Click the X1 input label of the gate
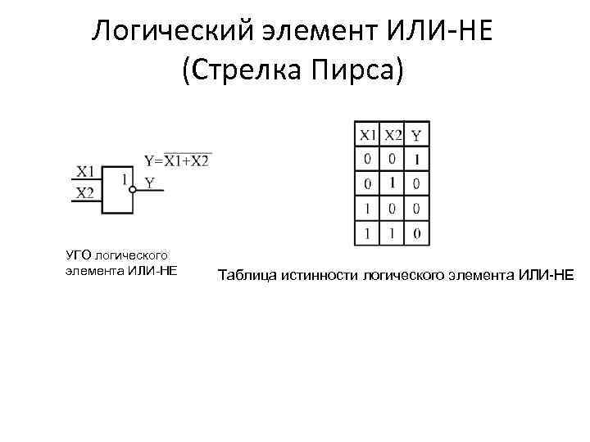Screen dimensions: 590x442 86,172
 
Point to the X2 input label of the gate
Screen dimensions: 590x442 86,193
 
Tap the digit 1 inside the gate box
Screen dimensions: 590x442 123,178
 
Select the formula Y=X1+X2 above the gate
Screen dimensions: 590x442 177,160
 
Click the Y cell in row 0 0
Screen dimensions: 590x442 417,159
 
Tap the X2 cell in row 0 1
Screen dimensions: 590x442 393,183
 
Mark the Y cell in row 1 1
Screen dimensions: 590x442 417,234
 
